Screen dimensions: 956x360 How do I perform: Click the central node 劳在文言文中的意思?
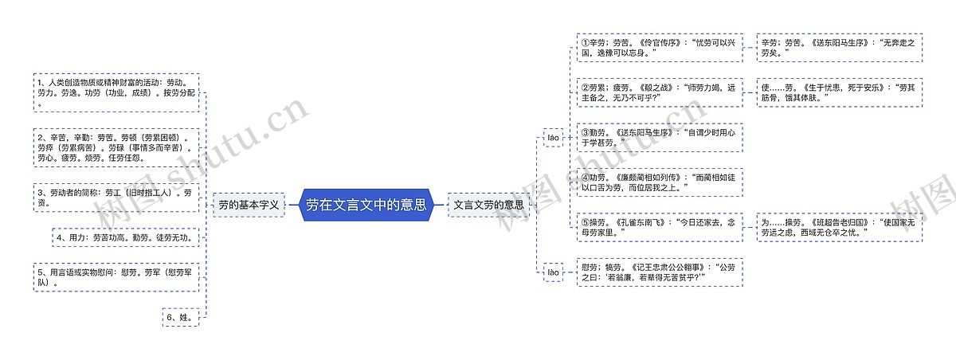[366, 205]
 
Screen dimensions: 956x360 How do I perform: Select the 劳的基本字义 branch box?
[249, 205]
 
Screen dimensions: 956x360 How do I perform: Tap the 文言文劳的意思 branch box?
[488, 205]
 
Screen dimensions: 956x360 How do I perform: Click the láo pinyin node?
[553, 138]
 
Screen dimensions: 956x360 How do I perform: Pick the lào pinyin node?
[553, 272]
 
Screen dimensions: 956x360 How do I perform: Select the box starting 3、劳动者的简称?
[116, 197]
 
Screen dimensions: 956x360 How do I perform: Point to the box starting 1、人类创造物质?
[116, 92]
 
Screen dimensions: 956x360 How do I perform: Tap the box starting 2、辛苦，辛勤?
[116, 147]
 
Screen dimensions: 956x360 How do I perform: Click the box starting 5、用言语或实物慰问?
[116, 276]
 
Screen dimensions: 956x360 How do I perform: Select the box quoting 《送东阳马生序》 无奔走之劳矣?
[839, 47]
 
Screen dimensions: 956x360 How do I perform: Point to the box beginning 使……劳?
[839, 92]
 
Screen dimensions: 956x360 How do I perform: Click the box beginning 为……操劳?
[839, 227]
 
